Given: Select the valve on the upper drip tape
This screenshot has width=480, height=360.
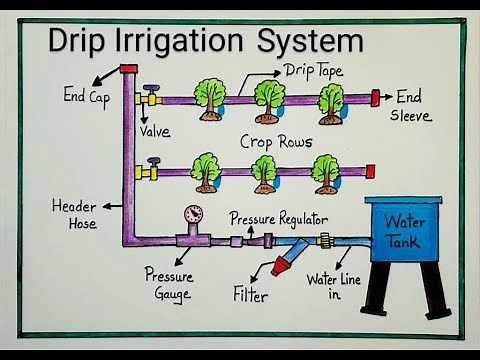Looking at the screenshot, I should [x=151, y=97].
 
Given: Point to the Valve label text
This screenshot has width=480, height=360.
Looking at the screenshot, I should [x=156, y=131].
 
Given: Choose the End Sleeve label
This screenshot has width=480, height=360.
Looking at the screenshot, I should [x=413, y=105].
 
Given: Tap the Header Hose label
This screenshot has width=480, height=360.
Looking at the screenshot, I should [x=75, y=214].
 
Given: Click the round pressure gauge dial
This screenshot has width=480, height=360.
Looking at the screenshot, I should [x=193, y=214].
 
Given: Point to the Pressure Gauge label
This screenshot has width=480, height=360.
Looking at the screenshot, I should [x=168, y=283].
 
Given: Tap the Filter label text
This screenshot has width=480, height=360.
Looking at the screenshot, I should [x=251, y=294].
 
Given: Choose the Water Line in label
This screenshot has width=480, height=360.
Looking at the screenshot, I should [x=330, y=286].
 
